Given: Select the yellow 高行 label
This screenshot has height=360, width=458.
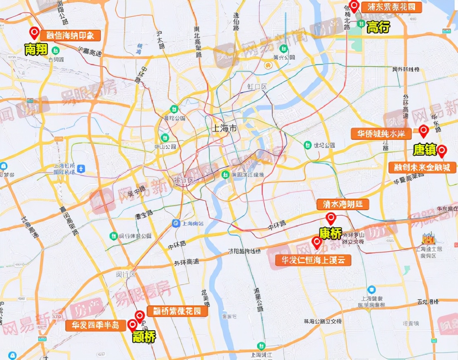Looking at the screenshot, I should point(378,27).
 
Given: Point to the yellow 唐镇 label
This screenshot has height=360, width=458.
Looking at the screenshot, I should point(425,150).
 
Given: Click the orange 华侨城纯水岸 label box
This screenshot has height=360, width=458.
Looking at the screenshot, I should point(381,134).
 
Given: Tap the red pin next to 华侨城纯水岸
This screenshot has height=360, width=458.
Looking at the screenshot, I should point(423,131).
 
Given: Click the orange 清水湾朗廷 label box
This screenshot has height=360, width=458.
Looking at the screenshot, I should point(343,204).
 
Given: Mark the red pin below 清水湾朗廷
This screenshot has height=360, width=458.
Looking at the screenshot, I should point(331,218).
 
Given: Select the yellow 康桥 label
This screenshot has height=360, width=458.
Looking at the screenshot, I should point(330,233).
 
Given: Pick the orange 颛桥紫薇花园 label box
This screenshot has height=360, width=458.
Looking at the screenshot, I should point(177,311).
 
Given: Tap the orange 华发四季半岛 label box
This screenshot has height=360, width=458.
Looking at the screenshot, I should point(95,325).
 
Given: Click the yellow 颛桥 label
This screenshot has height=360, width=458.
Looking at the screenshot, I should point(144,337).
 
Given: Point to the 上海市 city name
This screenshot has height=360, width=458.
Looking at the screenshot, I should point(224,129).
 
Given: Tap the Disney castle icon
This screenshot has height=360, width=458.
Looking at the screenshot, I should point(427,239).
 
